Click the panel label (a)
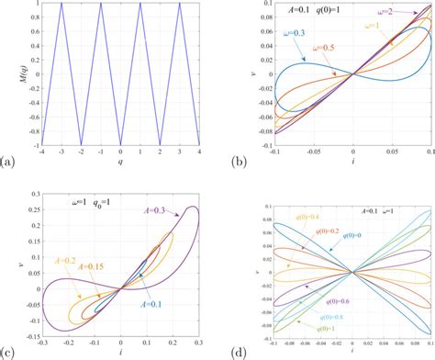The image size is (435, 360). pyautogui.click(x=8, y=163)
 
